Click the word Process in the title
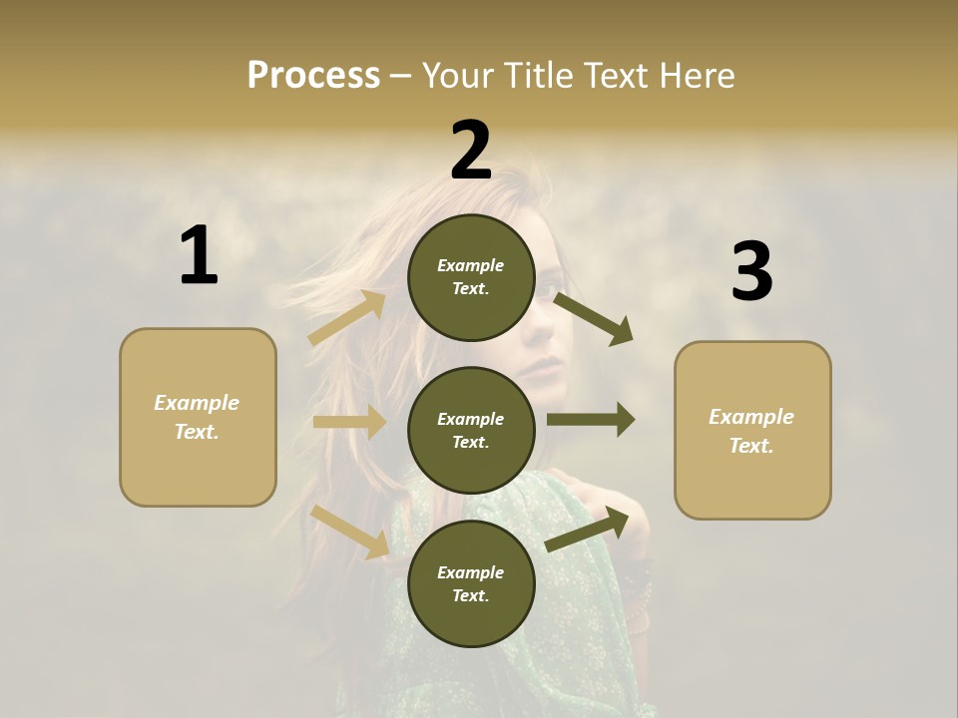click(313, 76)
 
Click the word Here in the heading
click(694, 76)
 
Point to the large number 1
click(199, 255)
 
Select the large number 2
click(471, 150)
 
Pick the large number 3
click(751, 271)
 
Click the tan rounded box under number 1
click(198, 417)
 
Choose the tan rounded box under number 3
click(752, 431)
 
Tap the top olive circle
click(471, 277)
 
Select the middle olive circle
click(471, 430)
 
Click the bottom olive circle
click(471, 583)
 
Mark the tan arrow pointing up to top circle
click(347, 318)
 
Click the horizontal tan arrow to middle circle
click(349, 422)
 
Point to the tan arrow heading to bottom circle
click(350, 531)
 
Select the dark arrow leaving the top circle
click(593, 318)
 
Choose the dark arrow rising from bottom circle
click(588, 528)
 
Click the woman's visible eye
click(550, 293)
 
